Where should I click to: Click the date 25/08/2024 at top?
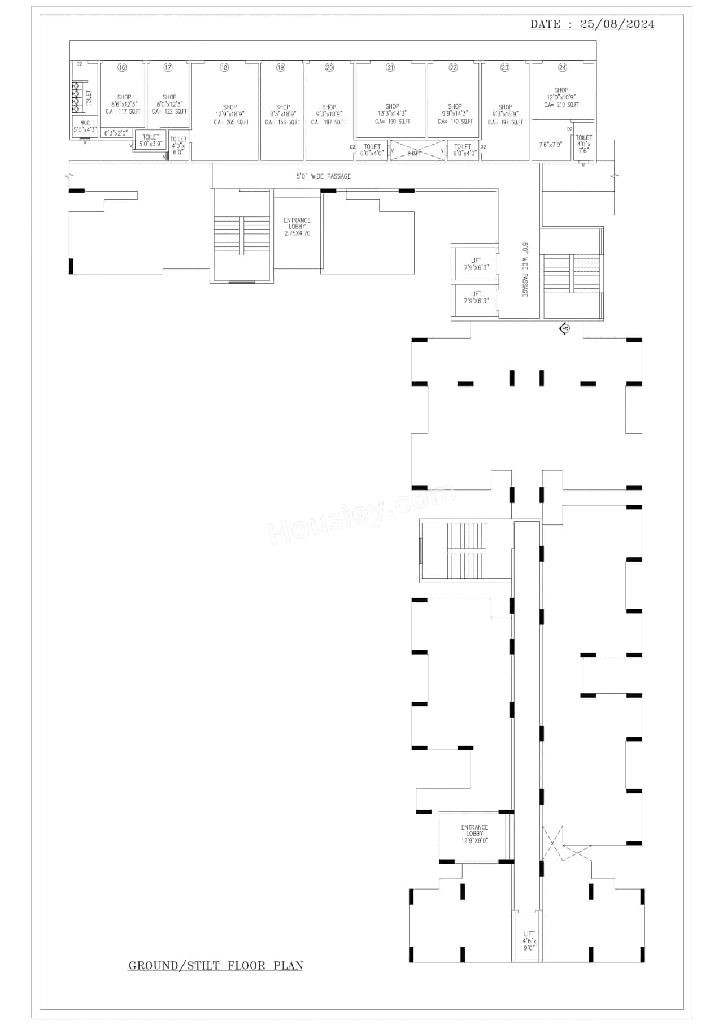click(x=617, y=24)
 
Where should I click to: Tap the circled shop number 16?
click(x=122, y=67)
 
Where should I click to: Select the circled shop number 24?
click(x=562, y=67)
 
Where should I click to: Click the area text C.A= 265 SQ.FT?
click(x=230, y=122)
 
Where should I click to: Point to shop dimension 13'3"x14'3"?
click(x=392, y=114)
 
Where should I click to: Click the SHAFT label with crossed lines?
click(x=415, y=153)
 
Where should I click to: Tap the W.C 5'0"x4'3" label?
click(x=85, y=127)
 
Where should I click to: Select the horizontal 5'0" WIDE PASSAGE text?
click(x=323, y=176)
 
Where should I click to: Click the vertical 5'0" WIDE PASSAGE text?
click(x=524, y=270)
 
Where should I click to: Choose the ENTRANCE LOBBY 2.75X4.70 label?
click(x=297, y=227)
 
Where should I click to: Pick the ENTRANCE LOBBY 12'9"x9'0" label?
click(x=474, y=834)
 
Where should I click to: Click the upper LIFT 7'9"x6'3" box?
click(x=476, y=264)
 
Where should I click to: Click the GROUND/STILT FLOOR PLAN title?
click(x=216, y=966)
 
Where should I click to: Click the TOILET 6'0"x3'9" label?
click(x=151, y=141)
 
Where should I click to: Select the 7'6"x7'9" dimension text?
click(x=550, y=145)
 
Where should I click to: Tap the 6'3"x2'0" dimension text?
click(x=116, y=133)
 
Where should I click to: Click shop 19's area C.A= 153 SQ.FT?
click(x=282, y=122)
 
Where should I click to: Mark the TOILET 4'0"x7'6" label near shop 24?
click(x=583, y=144)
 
